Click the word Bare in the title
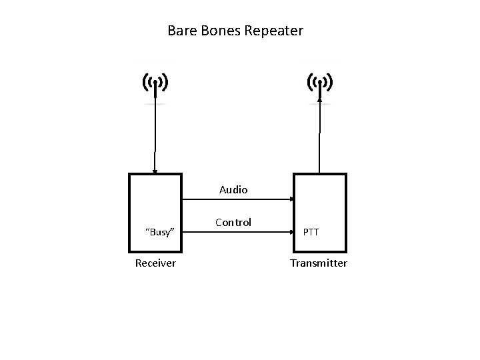tap(181, 31)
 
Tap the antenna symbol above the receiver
tap(155, 83)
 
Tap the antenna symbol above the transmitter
tap(320, 83)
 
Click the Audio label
tap(234, 190)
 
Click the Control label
tap(233, 223)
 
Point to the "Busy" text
tap(160, 232)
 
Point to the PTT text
tap(311, 232)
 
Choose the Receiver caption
tap(155, 263)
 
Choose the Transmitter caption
tap(319, 263)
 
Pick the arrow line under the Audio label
tap(233, 199)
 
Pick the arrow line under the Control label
tap(233, 233)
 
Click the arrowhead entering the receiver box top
tap(155, 171)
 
